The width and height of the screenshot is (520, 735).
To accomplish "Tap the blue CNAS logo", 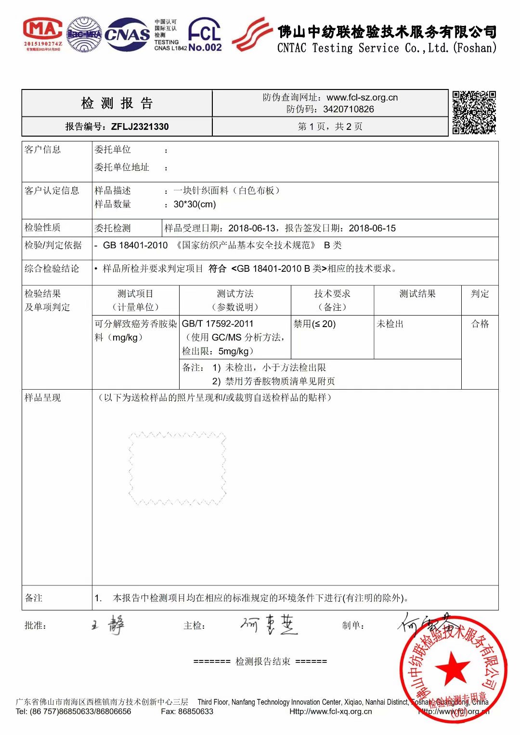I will (x=127, y=34).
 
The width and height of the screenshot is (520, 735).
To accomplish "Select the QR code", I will (x=474, y=113).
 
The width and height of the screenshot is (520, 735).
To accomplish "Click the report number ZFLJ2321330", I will (x=140, y=127).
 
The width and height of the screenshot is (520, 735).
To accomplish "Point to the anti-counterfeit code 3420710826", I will (x=348, y=109).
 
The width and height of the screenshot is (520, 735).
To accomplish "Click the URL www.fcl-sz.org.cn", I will (x=362, y=98).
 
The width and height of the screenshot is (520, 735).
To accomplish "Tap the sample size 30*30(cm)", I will (x=195, y=204).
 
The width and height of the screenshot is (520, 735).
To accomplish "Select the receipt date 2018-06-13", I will (x=252, y=228).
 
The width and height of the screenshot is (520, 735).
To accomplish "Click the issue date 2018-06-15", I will (x=372, y=228).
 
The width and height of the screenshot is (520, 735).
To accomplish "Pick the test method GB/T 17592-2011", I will (x=217, y=324).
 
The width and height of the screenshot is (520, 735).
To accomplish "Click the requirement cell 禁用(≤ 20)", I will (x=314, y=324).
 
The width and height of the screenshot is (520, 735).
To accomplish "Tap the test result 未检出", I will (x=390, y=324).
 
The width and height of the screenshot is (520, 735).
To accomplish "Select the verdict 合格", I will (x=480, y=324).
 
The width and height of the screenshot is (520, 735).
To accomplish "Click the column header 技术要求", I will (x=332, y=294).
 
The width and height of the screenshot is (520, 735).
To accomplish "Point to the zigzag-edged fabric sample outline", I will (x=177, y=469).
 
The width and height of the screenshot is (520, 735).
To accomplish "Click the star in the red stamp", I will (x=453, y=668).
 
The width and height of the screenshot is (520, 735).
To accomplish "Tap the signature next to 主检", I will (x=269, y=625).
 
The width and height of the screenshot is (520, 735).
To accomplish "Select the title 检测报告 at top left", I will (x=117, y=103).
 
